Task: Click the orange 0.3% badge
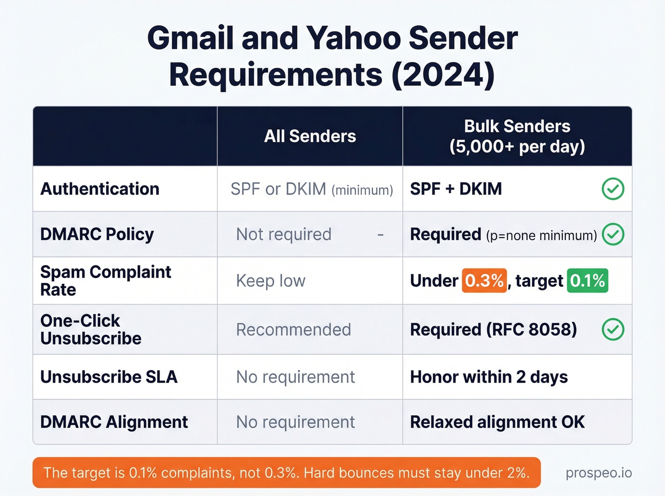click(x=484, y=281)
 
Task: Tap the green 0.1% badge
click(x=587, y=281)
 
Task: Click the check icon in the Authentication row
click(x=613, y=189)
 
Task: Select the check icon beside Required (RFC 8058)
click(x=613, y=329)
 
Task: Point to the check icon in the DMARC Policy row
click(x=613, y=234)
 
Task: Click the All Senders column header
click(x=310, y=136)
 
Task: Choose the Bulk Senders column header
click(x=517, y=136)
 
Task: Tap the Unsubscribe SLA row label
click(x=109, y=377)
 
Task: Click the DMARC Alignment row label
click(x=114, y=422)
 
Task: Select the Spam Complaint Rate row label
click(x=105, y=281)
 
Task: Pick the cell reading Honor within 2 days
click(x=489, y=377)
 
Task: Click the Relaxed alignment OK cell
click(x=497, y=422)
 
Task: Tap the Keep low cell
click(x=271, y=281)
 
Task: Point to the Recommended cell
click(x=294, y=329)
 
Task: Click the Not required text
click(x=284, y=234)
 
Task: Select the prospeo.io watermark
click(x=598, y=473)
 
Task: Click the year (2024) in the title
click(x=443, y=75)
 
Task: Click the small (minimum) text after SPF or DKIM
click(x=362, y=190)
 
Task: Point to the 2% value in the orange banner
click(x=517, y=473)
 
